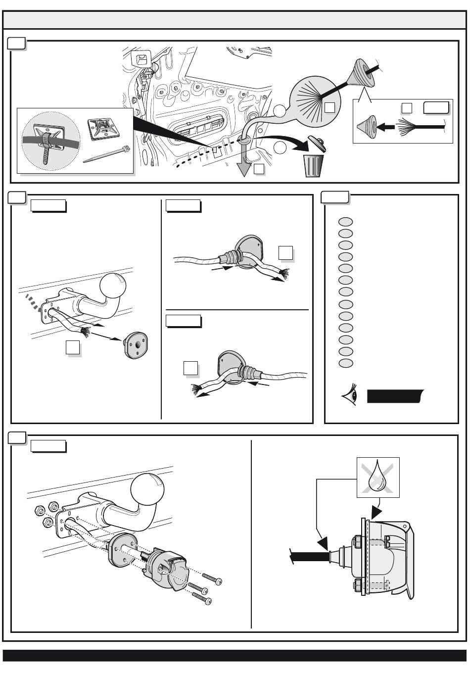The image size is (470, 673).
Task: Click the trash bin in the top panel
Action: (x=314, y=165)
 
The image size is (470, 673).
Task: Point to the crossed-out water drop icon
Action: (x=378, y=478)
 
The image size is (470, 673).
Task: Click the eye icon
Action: (x=350, y=397)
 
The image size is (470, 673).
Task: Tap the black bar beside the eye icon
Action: (x=395, y=397)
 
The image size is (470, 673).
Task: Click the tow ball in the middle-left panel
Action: (x=113, y=287)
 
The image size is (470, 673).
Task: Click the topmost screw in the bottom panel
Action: (x=212, y=578)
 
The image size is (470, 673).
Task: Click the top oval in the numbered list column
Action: (x=345, y=221)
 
